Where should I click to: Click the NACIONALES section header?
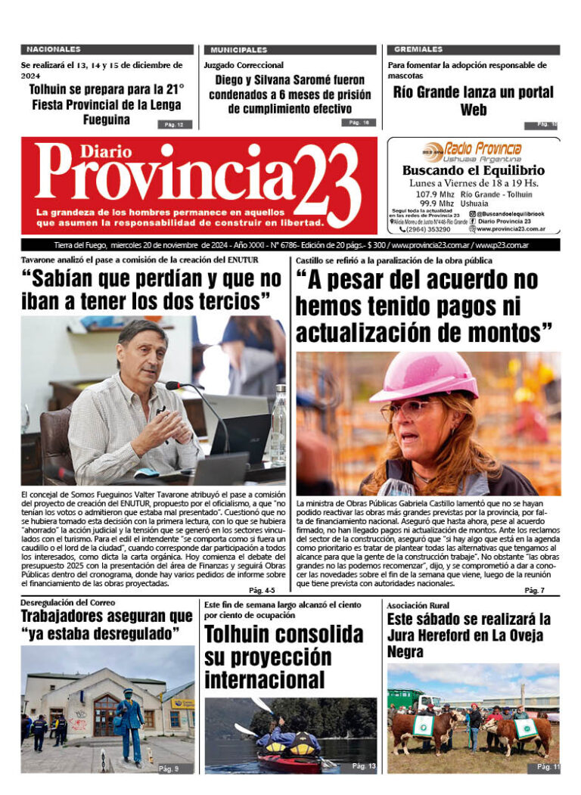click(x=54, y=49)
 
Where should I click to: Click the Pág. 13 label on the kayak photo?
click(x=363, y=766)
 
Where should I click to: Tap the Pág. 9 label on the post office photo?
click(x=168, y=769)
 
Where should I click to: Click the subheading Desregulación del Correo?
click(x=68, y=602)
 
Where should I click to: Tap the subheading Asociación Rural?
click(x=418, y=605)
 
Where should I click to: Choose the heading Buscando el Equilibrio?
click(x=473, y=170)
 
